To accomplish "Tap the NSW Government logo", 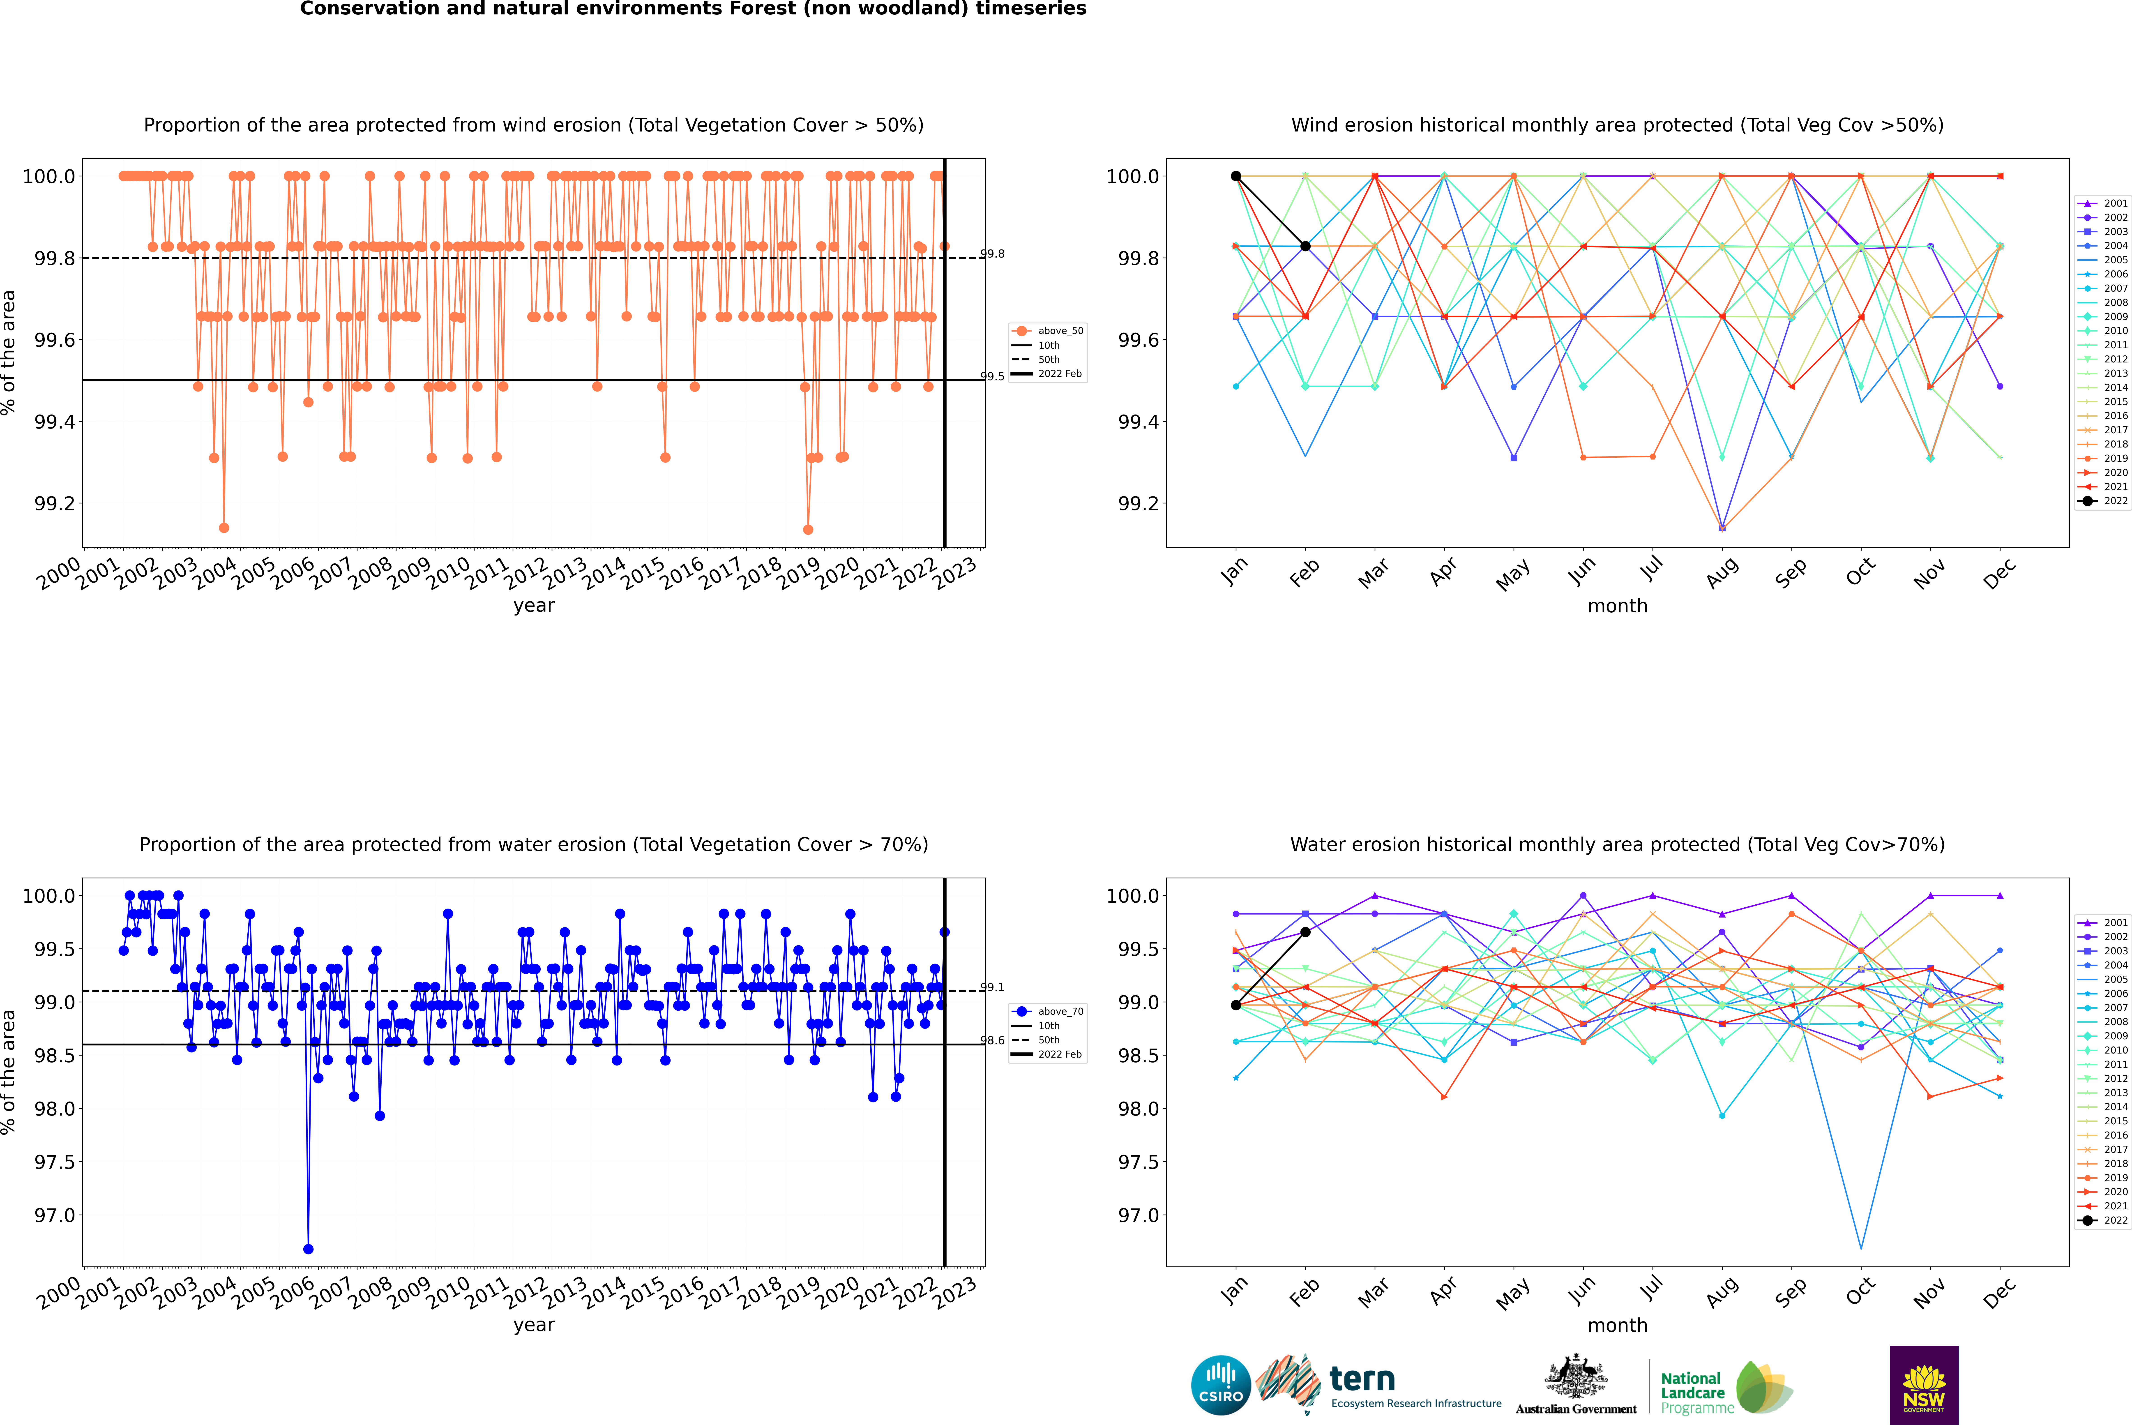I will [1924, 1385].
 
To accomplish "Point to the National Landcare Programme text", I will [1692, 1392].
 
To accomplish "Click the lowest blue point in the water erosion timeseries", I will [308, 1249].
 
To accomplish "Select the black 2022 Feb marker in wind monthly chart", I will [1305, 246].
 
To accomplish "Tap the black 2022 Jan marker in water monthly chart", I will [1236, 1005].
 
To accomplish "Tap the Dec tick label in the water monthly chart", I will [1999, 1292].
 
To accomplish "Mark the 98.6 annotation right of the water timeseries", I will [992, 1041].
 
